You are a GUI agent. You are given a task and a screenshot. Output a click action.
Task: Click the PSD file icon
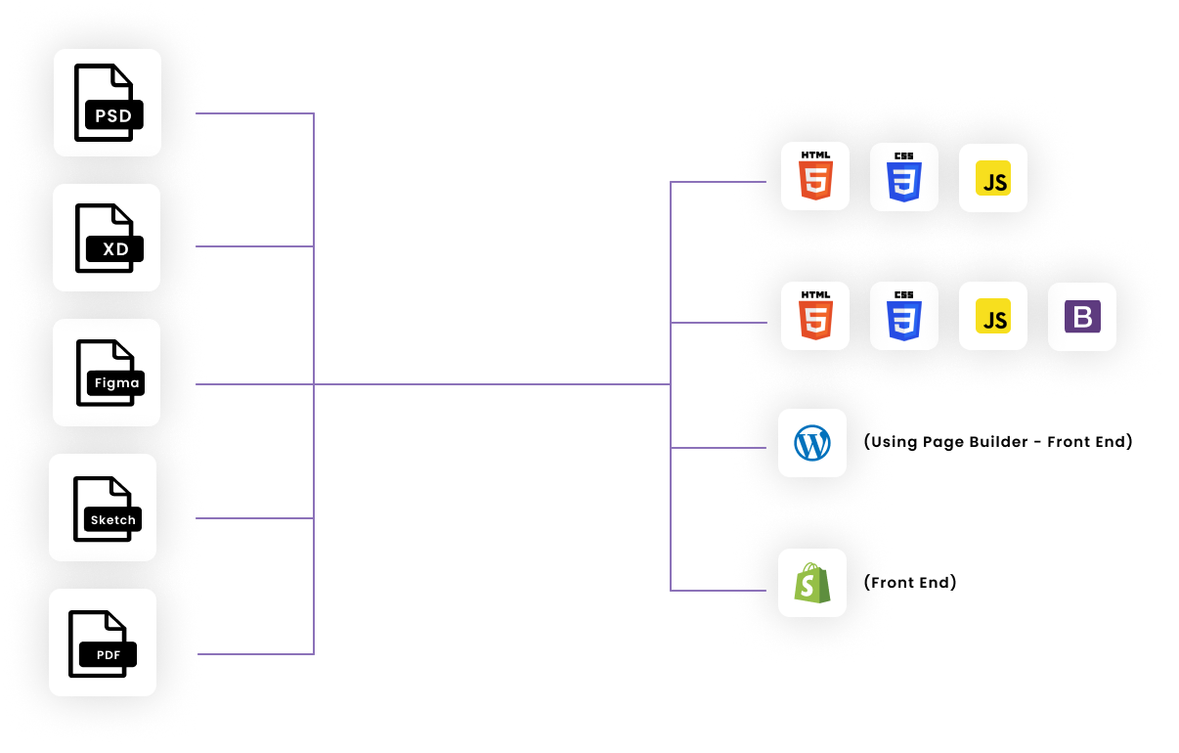pyautogui.click(x=108, y=103)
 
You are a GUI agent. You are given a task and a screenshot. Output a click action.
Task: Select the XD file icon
pyautogui.click(x=107, y=238)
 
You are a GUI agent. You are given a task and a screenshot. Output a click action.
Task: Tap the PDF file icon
pyautogui.click(x=103, y=642)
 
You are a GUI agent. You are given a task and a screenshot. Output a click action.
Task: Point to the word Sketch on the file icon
pyautogui.click(x=113, y=520)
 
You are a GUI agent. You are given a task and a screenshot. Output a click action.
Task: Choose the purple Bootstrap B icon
pyautogui.click(x=1082, y=317)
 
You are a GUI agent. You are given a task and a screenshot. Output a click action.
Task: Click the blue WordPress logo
pyautogui.click(x=812, y=444)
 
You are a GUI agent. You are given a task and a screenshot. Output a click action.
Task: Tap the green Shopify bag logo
pyautogui.click(x=812, y=584)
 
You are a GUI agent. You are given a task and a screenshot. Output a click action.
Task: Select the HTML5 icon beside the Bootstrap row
pyautogui.click(x=815, y=317)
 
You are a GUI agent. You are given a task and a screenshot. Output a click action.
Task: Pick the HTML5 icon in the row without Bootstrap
pyautogui.click(x=815, y=178)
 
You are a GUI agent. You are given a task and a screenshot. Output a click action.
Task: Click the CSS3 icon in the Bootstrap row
pyautogui.click(x=904, y=317)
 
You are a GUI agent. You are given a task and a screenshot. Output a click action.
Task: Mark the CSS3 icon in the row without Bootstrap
pyautogui.click(x=904, y=178)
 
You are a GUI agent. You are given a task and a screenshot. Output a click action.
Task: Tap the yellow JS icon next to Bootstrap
pyautogui.click(x=993, y=317)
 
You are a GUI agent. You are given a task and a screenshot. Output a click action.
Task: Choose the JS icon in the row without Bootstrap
pyautogui.click(x=993, y=178)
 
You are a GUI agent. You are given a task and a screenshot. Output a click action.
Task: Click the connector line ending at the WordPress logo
pyautogui.click(x=719, y=448)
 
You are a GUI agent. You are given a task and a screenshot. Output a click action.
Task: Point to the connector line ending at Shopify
pyautogui.click(x=719, y=591)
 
